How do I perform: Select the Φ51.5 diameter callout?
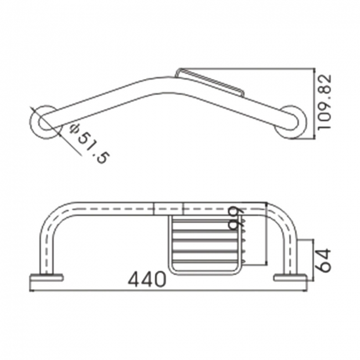pyautogui.click(x=89, y=143)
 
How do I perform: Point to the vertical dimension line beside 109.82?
pyautogui.click(x=315, y=102)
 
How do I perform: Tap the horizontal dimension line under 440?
pyautogui.click(x=166, y=289)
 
